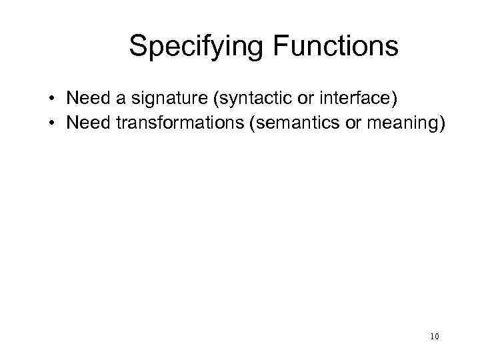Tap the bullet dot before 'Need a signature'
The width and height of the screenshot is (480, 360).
coord(51,100)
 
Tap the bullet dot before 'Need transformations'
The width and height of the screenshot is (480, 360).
coord(51,122)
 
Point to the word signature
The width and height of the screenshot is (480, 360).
coord(163,100)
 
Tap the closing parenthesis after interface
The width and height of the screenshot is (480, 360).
coord(395,100)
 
